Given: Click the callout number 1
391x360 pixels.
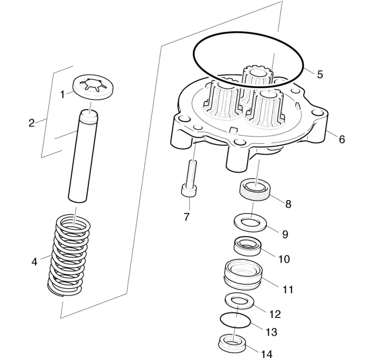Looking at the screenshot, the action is [x=63, y=94].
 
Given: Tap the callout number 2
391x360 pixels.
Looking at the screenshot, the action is [x=32, y=123].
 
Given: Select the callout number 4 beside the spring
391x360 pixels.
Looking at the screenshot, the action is [x=34, y=262].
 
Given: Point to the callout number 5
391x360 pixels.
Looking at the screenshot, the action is [x=320, y=74].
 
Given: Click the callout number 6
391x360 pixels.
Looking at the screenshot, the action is [x=342, y=139].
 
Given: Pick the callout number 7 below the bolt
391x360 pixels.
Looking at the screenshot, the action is [x=187, y=217].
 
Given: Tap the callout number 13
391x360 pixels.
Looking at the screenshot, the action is [x=271, y=332].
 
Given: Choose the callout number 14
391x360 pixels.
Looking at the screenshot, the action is [x=266, y=354].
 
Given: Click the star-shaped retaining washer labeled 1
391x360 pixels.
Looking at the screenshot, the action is [x=93, y=87].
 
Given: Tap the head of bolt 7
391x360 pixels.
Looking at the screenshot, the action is [x=189, y=191].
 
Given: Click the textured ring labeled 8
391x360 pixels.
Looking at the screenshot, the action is [x=255, y=189].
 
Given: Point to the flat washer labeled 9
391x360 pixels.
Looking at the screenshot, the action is [x=250, y=223].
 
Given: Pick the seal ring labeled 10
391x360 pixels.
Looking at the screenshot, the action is [x=247, y=246].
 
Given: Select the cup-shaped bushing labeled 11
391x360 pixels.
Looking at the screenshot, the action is [x=243, y=274].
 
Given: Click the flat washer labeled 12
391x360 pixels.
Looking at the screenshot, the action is [x=239, y=301].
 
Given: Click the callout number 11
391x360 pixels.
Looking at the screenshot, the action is [x=288, y=290].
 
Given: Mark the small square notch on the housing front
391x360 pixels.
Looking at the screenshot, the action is [x=233, y=130].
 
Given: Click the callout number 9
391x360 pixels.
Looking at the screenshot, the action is [x=285, y=234].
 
